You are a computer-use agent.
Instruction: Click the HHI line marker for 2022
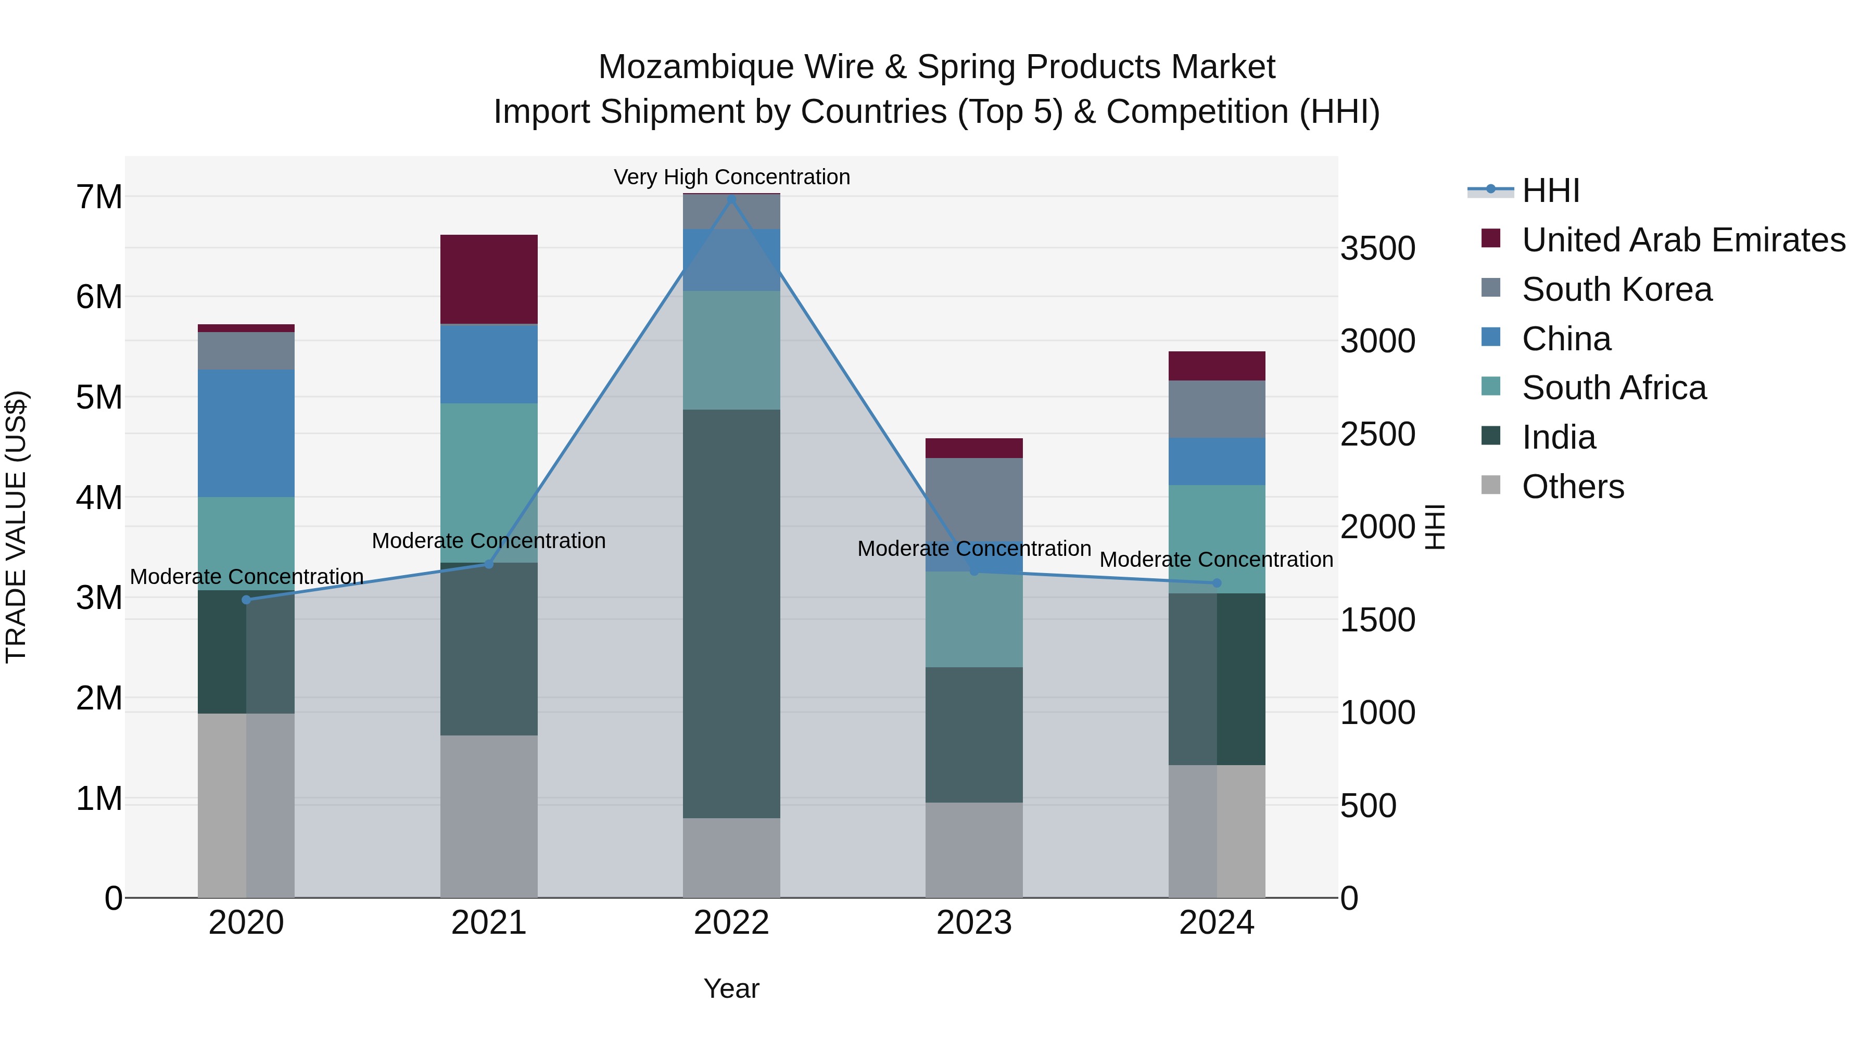coord(731,199)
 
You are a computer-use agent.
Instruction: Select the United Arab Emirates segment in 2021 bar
coord(489,280)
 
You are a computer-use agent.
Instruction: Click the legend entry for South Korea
coord(1616,289)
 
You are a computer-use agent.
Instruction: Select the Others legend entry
coord(1572,487)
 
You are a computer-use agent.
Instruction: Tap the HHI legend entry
coord(1550,191)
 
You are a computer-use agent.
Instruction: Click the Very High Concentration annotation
coord(731,177)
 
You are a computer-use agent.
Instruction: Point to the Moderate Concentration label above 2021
coord(489,540)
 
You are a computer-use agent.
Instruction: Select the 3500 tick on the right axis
coord(1377,248)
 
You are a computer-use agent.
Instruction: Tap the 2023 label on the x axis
coord(974,922)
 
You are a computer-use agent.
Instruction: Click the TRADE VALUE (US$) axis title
coord(16,527)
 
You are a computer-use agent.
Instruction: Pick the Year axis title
coord(731,988)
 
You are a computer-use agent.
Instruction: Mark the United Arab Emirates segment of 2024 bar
coord(1217,366)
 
